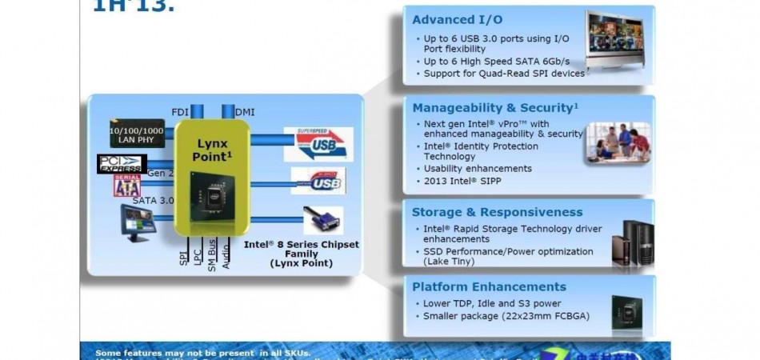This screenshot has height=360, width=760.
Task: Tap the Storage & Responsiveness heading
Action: [497, 212]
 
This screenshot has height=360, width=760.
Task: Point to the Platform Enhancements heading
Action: [489, 286]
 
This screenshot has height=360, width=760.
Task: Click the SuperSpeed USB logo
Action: [318, 143]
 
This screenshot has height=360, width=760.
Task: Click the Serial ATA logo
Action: [126, 186]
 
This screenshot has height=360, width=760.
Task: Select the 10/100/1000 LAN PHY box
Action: [136, 134]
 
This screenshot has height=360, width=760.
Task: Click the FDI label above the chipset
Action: [181, 112]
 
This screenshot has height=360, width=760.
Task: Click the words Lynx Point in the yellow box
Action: [213, 149]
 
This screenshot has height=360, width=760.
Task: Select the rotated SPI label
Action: [182, 258]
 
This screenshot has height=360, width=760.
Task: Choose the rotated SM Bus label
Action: [212, 254]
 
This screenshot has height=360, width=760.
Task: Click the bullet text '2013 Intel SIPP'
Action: [458, 182]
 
